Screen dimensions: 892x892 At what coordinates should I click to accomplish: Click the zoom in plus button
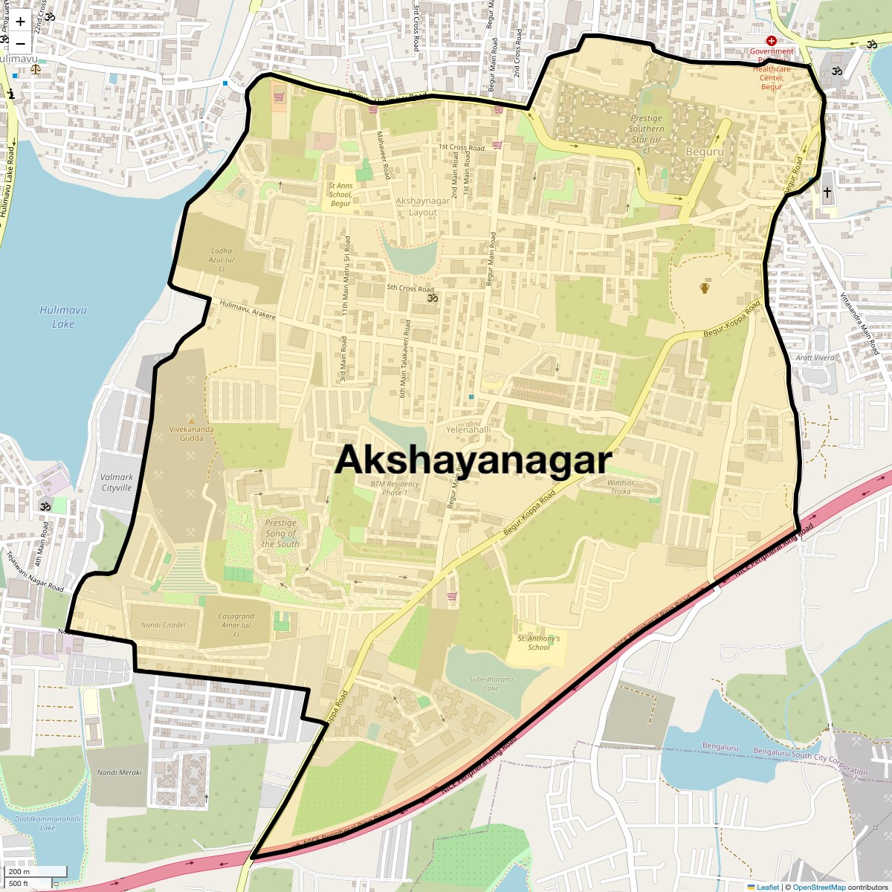click(20, 22)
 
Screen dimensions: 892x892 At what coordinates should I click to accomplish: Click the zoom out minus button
click(20, 44)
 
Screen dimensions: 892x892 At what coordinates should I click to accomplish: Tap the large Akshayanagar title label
click(473, 460)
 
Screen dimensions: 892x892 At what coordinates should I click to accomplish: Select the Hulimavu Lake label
click(63, 317)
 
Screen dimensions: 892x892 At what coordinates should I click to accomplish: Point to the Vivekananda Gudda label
click(191, 433)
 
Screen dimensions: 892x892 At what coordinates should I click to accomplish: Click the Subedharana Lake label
click(491, 683)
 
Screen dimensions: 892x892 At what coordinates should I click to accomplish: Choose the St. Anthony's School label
click(539, 642)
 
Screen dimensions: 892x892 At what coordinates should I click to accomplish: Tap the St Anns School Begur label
click(340, 195)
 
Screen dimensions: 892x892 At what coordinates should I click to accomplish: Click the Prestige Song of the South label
click(280, 533)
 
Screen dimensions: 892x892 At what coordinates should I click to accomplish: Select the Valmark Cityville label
click(117, 482)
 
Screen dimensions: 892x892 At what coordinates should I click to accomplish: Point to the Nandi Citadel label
click(164, 625)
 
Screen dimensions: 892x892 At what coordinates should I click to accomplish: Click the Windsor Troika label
click(620, 487)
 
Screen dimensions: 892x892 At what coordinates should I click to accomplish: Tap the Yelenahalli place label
click(468, 430)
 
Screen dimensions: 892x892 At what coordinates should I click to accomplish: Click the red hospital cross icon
click(772, 41)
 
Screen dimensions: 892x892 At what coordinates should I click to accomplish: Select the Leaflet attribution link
click(767, 887)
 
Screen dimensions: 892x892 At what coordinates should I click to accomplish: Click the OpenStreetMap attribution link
click(819, 887)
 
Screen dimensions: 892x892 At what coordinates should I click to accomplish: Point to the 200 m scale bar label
click(20, 872)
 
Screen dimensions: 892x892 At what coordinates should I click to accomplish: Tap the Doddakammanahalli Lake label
click(48, 823)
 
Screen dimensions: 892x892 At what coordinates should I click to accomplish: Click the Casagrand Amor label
click(236, 625)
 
